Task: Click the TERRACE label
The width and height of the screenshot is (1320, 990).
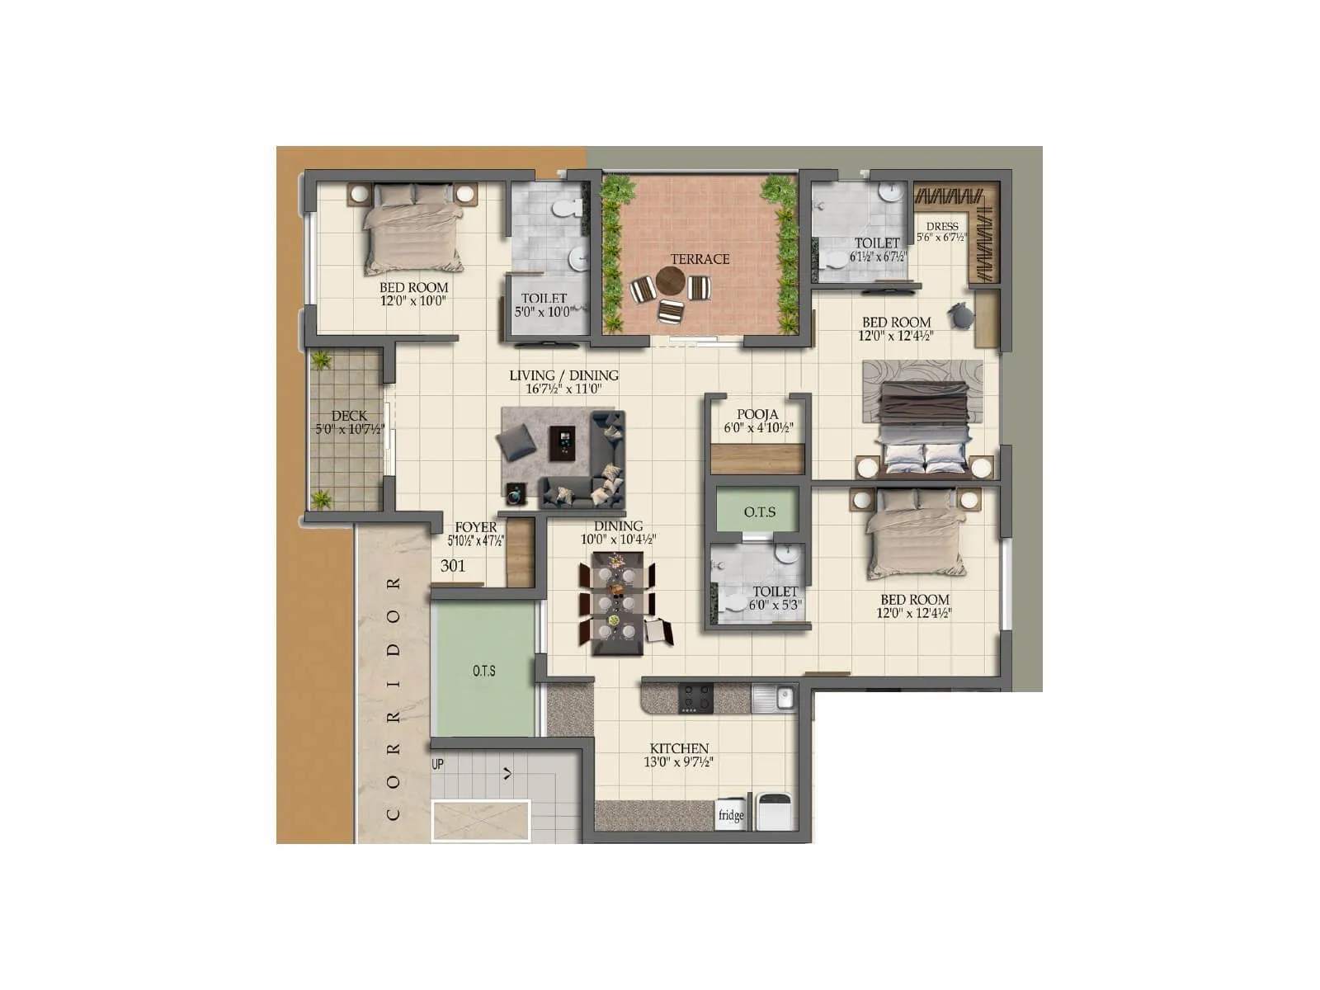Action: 700,259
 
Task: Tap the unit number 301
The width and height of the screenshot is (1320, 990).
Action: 453,566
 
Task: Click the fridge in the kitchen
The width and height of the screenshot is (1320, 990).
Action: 731,814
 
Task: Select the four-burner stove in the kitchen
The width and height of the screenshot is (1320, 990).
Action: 696,698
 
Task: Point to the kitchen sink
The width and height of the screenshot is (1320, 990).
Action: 774,699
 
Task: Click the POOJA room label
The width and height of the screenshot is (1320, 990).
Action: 757,414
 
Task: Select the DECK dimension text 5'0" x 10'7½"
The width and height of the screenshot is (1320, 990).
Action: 349,429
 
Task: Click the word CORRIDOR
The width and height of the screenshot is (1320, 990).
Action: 394,698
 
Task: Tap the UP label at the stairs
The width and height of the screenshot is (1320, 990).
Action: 438,765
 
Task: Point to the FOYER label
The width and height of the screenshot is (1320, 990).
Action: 476,527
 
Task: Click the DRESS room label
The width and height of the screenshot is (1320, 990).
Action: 942,226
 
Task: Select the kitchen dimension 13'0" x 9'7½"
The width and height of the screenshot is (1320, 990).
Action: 678,762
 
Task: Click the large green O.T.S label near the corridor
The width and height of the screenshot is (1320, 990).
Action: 484,671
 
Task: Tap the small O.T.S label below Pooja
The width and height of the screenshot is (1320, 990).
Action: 760,512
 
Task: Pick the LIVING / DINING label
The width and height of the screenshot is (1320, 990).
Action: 563,375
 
